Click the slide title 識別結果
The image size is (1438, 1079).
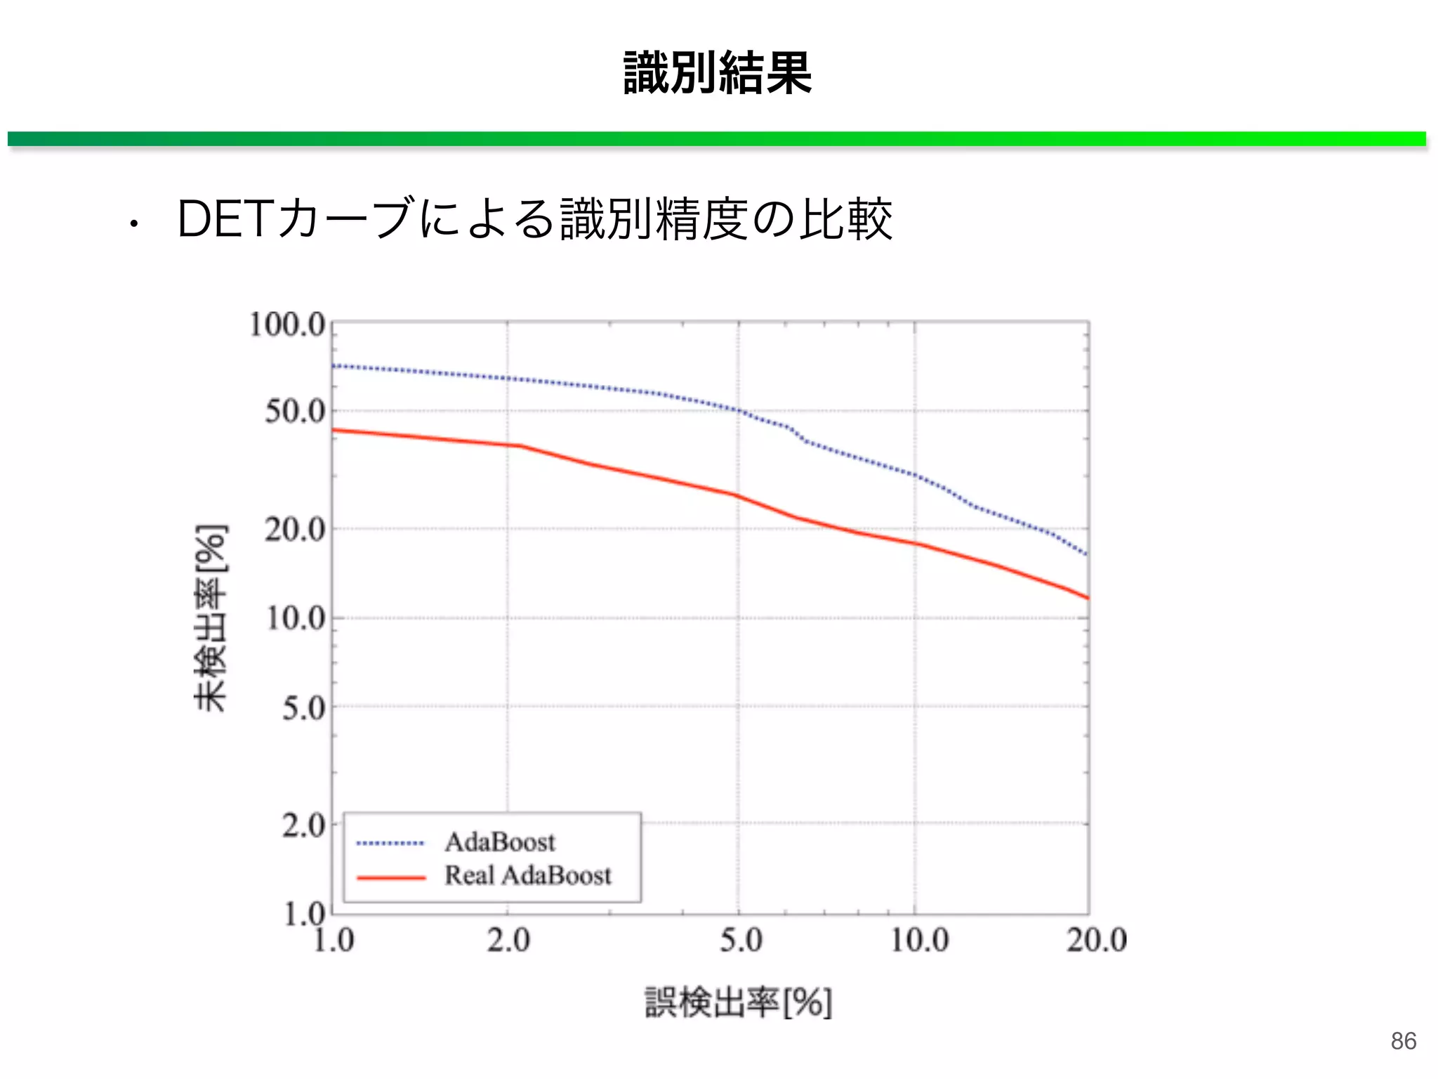point(717,73)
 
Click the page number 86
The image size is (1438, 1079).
point(1403,1040)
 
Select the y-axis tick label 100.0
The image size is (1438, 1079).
point(288,325)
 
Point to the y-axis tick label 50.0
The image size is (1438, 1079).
point(296,411)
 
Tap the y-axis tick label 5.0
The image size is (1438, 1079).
point(304,708)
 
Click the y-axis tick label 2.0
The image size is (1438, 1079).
point(304,825)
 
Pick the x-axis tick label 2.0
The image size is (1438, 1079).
point(508,940)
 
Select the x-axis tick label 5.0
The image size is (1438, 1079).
point(741,940)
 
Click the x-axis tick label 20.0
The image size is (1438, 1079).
point(1096,940)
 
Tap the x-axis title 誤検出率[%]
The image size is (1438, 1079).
point(738,1002)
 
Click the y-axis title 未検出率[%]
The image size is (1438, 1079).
point(211,617)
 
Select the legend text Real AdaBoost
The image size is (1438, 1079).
point(528,875)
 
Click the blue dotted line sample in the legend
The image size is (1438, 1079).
point(390,843)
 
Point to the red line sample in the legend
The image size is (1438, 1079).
point(390,878)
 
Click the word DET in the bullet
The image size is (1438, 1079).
point(225,220)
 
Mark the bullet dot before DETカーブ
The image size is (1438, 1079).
point(133,225)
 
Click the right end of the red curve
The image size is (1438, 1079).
point(1086,597)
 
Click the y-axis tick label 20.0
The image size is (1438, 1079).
point(296,529)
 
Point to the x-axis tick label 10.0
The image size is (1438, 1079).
point(920,940)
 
